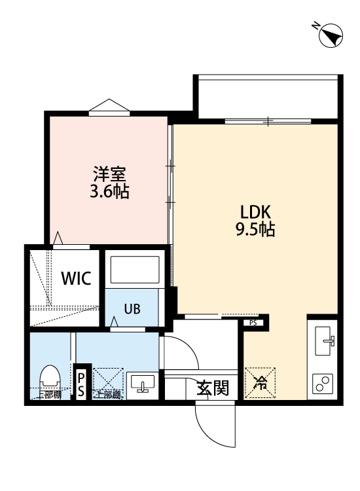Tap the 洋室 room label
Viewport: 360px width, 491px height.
click(109, 174)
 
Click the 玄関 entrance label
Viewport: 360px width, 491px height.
click(212, 388)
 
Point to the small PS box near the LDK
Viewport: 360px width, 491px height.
click(253, 322)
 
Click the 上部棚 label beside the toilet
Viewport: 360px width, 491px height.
click(48, 395)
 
